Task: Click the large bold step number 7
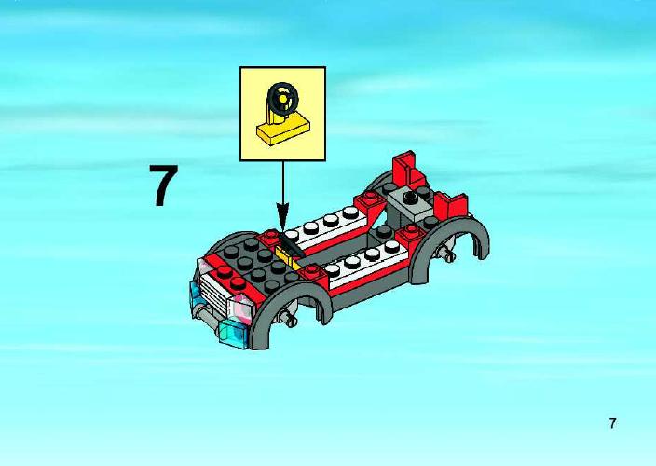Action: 164,185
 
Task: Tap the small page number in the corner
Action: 612,423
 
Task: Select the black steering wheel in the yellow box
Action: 283,99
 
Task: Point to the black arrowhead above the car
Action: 283,216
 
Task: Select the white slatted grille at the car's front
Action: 215,288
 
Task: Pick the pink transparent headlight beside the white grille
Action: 242,308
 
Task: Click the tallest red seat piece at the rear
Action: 407,169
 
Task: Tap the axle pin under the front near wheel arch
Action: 290,319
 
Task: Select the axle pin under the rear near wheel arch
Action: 447,254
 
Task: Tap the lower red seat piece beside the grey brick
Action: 451,205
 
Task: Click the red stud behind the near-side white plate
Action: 410,231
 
